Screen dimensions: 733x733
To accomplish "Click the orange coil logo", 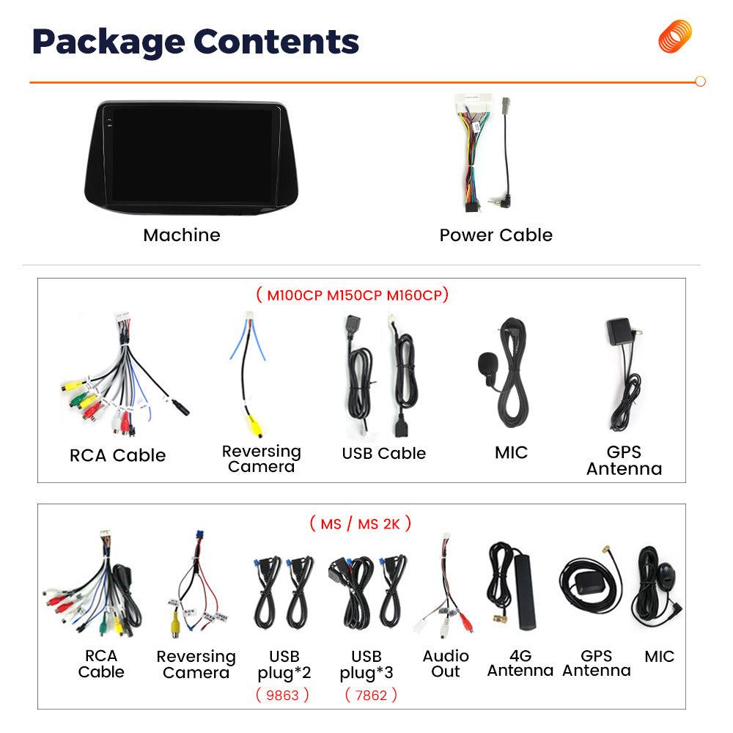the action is [675, 36].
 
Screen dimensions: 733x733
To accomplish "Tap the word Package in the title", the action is [108, 42].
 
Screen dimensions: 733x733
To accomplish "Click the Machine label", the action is [182, 235].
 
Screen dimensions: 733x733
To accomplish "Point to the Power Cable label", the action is [496, 235].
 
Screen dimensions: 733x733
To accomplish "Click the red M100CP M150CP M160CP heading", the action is [353, 295].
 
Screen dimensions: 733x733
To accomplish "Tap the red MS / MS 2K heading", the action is [361, 523].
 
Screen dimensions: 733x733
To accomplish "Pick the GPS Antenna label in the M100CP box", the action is [624, 460].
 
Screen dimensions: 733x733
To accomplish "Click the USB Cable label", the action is [384, 453].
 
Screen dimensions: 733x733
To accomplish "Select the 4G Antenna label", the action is [520, 663].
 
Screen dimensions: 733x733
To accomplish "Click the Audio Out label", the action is [446, 663].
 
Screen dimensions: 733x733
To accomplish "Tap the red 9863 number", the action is [282, 695].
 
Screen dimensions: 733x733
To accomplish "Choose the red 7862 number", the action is [371, 695].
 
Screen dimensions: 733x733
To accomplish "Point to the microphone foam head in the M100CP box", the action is [488, 364].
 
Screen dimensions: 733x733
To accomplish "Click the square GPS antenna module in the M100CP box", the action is [619, 332].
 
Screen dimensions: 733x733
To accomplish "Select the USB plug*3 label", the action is [366, 664].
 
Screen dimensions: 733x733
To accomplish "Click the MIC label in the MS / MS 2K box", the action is [659, 656].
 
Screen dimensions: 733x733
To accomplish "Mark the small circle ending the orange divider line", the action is [700, 81].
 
